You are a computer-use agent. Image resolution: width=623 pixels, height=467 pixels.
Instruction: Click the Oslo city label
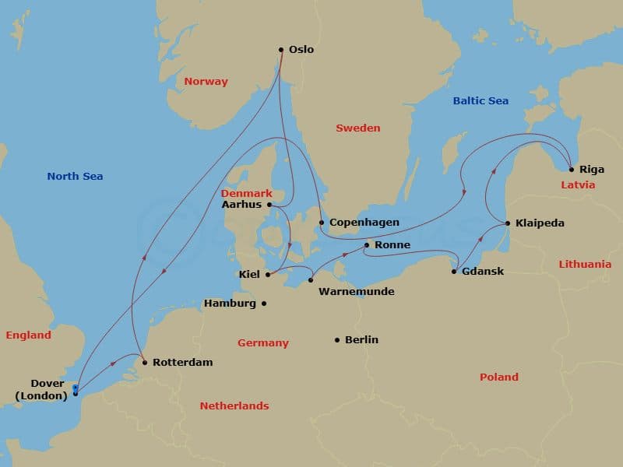tap(301, 50)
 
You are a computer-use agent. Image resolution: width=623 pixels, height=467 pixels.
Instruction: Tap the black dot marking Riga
tap(572, 169)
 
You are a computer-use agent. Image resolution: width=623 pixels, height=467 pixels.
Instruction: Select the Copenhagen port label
tap(364, 223)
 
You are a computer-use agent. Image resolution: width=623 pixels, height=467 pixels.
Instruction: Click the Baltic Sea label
tap(480, 101)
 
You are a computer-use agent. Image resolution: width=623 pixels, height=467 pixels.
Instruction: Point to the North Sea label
tap(75, 177)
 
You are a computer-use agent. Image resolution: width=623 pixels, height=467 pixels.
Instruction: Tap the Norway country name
tap(206, 82)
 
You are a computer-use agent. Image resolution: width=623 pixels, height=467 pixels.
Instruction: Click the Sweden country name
tap(357, 128)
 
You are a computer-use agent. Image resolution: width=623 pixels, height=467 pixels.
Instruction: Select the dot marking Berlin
tap(337, 340)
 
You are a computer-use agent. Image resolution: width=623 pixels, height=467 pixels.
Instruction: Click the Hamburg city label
tap(230, 304)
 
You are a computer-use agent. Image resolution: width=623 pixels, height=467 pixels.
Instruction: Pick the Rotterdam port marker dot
tap(145, 362)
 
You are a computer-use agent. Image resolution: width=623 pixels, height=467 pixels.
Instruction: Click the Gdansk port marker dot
tap(454, 272)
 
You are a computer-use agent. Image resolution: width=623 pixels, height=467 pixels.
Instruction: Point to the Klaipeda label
tap(540, 223)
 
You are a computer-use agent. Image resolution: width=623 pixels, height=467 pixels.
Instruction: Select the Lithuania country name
tap(585, 265)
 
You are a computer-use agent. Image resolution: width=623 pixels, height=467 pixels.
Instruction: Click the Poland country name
tap(499, 377)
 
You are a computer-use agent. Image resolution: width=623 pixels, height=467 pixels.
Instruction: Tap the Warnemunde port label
tap(357, 292)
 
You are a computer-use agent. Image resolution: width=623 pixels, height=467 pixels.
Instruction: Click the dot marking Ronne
tap(366, 245)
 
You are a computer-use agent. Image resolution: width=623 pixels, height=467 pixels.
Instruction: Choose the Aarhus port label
tap(242, 205)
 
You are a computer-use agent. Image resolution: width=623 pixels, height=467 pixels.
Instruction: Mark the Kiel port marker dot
tap(267, 274)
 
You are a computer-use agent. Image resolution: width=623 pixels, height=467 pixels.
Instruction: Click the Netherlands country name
tap(234, 406)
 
